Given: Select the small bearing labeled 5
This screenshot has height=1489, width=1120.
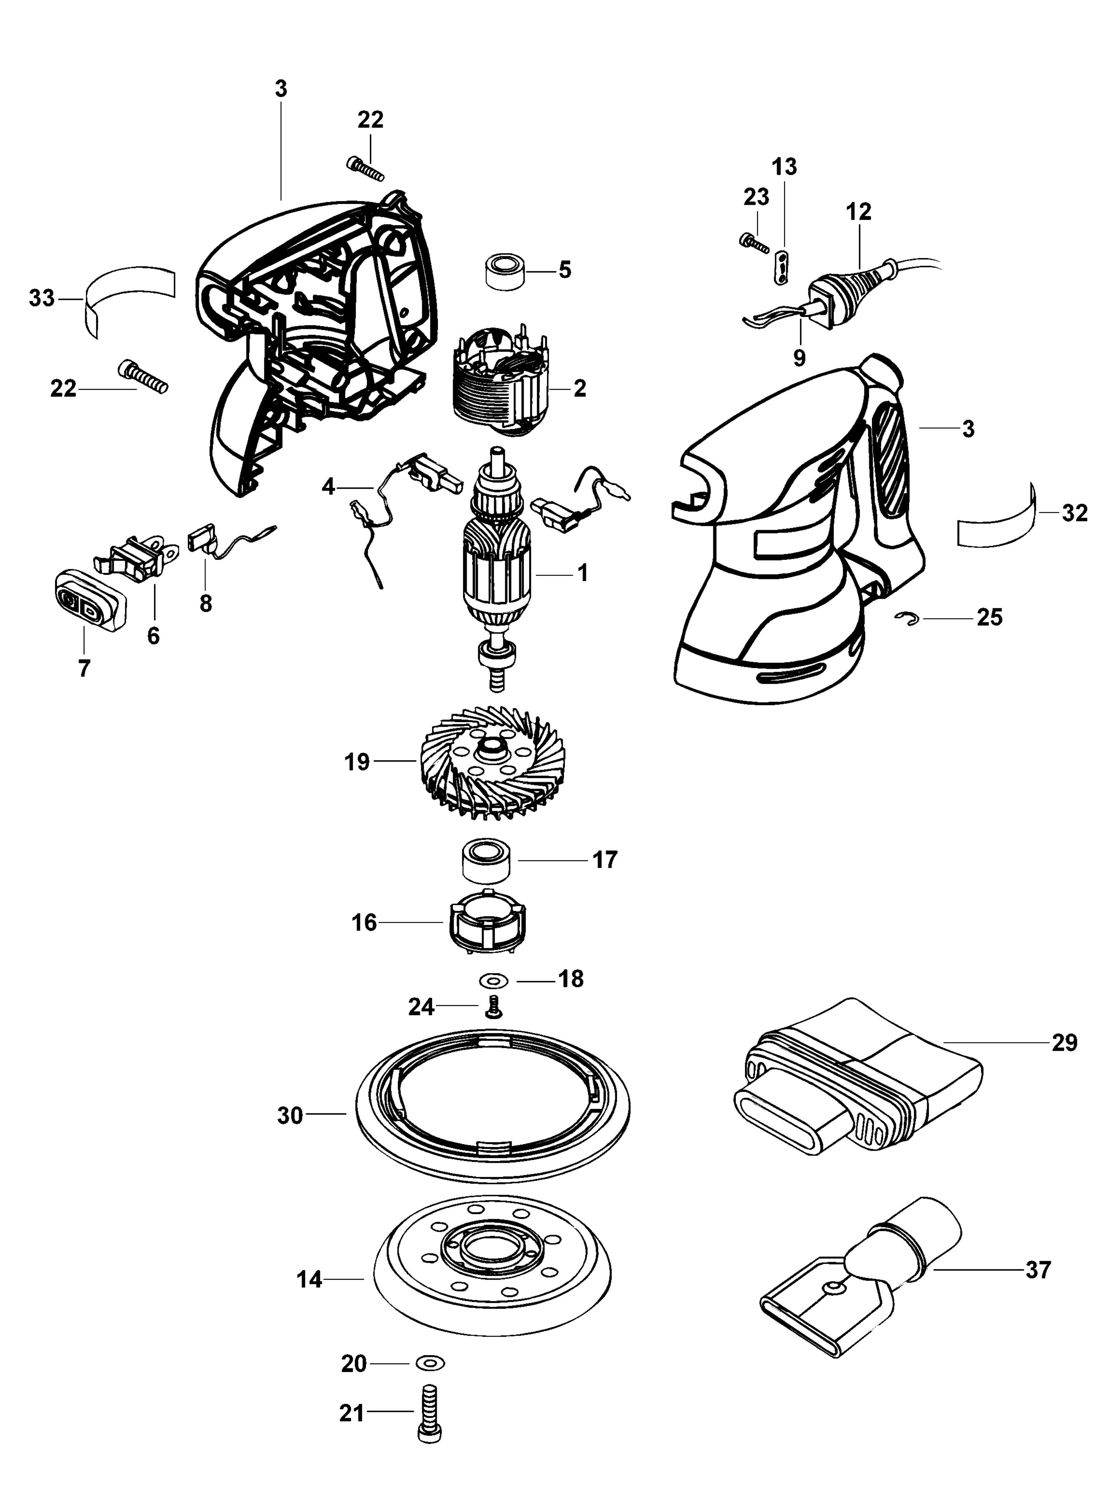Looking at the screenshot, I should pyautogui.click(x=504, y=272).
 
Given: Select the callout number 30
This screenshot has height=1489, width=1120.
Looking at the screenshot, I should pyautogui.click(x=291, y=1115).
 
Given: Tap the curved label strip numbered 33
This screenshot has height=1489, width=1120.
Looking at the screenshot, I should pyautogui.click(x=128, y=296).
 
